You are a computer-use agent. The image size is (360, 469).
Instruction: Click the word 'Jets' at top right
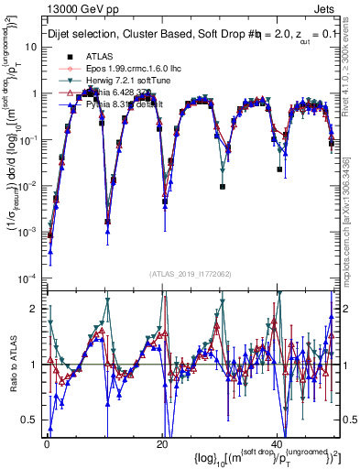click(x=327, y=9)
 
